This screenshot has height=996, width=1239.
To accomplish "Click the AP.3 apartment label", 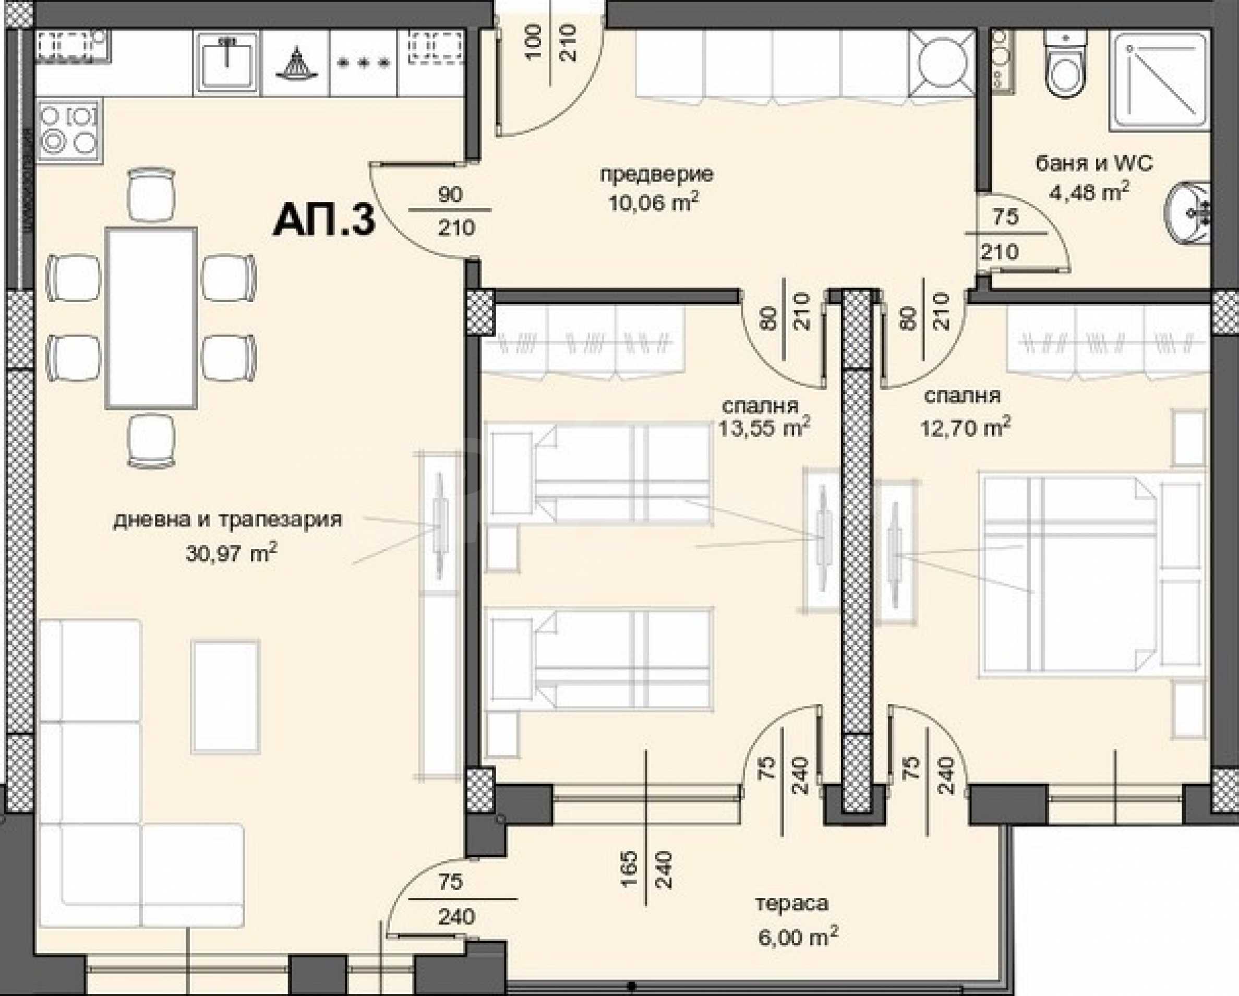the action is tap(324, 221).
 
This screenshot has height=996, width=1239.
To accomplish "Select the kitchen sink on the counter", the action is tap(227, 62).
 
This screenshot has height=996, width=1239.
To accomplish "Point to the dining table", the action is tap(151, 318).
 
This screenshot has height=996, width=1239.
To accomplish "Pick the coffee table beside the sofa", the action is tap(226, 697).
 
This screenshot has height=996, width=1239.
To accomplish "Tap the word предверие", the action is tap(656, 175).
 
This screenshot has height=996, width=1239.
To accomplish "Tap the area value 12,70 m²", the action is tap(966, 428).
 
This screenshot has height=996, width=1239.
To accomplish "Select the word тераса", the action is tap(792, 904).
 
